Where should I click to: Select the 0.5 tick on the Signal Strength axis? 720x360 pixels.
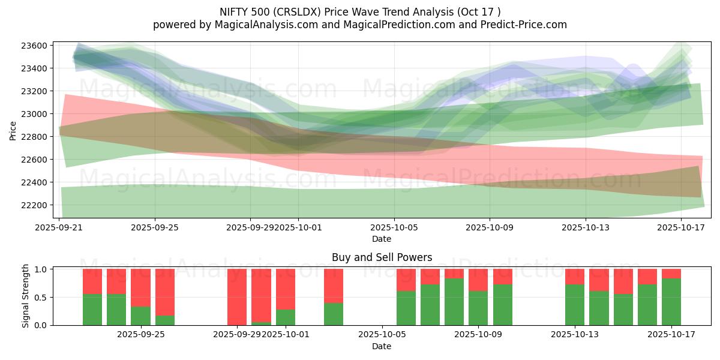(x=42, y=298)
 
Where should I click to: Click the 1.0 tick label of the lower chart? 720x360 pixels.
(x=42, y=269)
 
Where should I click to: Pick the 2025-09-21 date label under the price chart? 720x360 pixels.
(x=59, y=228)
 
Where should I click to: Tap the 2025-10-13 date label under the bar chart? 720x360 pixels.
(x=575, y=335)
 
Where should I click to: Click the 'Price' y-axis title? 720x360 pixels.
(x=13, y=130)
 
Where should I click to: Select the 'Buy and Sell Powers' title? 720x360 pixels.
(x=382, y=257)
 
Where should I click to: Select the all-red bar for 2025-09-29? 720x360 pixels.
(x=237, y=297)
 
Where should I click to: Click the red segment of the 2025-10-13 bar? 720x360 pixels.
(x=575, y=277)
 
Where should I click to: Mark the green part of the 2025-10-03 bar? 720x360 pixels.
(x=334, y=314)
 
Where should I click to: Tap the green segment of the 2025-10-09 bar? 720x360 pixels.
(x=478, y=308)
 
